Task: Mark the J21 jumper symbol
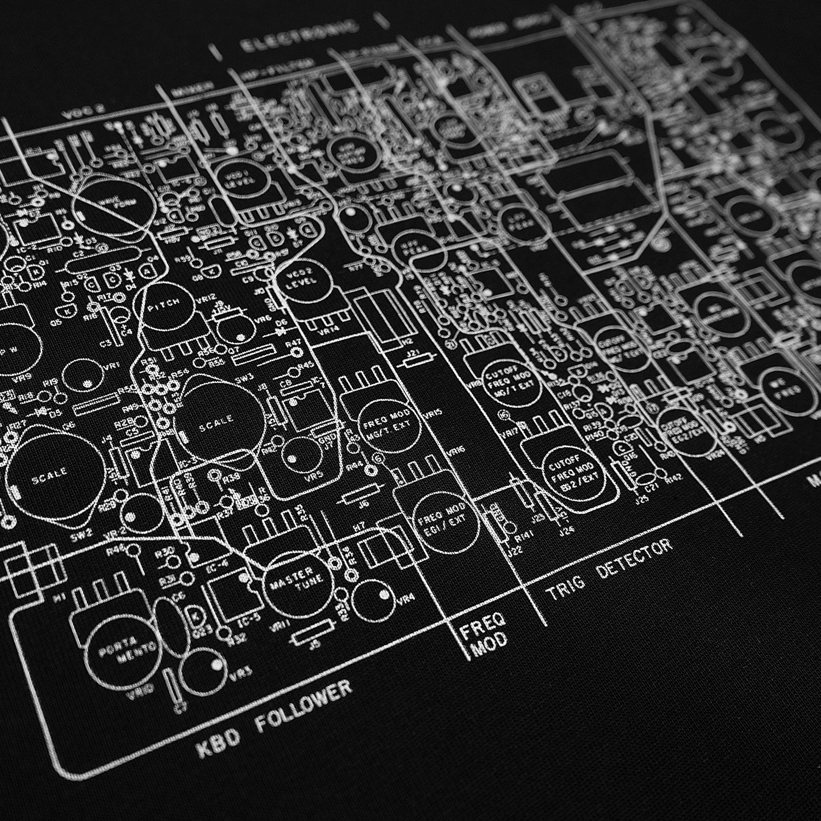point(413,357)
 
